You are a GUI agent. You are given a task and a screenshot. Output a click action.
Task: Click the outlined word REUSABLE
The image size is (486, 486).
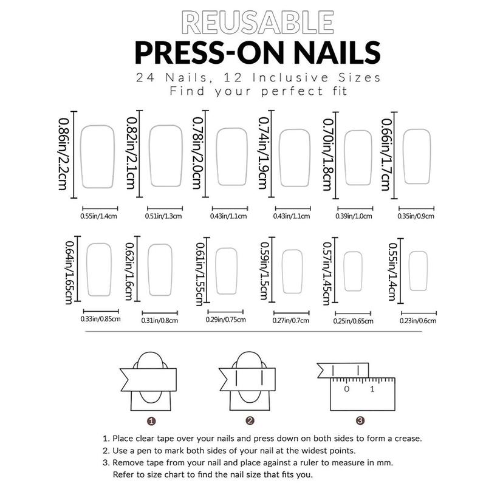(258, 22)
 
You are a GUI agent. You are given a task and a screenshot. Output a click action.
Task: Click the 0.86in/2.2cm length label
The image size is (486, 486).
(63, 154)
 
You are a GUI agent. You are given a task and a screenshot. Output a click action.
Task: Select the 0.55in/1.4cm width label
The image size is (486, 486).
(99, 216)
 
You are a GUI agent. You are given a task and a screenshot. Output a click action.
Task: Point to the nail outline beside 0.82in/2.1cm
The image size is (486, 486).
(166, 156)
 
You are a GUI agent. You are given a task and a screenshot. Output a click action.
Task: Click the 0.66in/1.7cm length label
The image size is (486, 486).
(386, 155)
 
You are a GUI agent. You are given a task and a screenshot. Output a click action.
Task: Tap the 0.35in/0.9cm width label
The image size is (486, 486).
(416, 216)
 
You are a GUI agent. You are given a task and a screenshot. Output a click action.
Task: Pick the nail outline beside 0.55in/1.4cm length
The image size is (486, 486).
(418, 271)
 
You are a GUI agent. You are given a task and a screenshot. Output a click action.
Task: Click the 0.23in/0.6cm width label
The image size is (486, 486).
(418, 321)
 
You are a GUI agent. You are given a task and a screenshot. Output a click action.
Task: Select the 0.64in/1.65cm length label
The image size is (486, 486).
(70, 272)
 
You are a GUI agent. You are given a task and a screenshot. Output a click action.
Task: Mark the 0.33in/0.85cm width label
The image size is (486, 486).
(100, 319)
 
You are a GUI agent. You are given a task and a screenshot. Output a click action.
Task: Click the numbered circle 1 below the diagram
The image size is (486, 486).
(151, 421)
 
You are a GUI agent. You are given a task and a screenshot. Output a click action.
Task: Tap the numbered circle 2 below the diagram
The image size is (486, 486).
(250, 421)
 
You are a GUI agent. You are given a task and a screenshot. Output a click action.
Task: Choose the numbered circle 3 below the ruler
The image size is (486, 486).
(360, 420)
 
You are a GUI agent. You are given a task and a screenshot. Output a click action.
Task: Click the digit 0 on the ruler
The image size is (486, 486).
(347, 389)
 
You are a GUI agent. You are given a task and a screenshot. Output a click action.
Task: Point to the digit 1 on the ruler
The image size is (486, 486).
(372, 389)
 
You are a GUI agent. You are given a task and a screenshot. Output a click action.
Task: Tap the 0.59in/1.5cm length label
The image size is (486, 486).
(264, 271)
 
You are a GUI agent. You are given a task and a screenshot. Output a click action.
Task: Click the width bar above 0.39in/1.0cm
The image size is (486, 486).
(355, 208)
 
